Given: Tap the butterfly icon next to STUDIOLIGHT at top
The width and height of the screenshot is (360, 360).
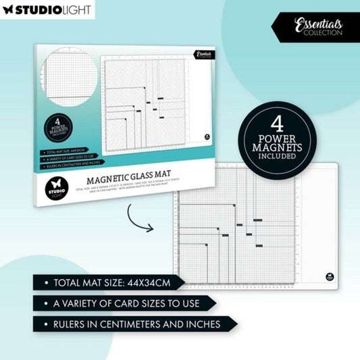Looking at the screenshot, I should pos(9,11).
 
